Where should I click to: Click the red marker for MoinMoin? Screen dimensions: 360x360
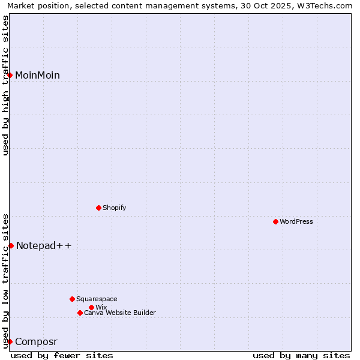tap(10, 75)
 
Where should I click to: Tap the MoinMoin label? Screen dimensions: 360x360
tap(37, 75)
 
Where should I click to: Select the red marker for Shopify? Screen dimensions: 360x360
tap(98, 208)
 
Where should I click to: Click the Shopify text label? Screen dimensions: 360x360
tap(114, 208)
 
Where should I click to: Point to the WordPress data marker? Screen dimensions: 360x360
tap(275, 221)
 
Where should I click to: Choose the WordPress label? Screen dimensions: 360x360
tap(296, 221)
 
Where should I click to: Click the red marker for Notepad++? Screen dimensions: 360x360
tap(11, 245)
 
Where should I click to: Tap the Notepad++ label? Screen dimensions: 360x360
tap(44, 245)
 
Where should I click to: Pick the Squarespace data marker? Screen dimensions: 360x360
tap(72, 299)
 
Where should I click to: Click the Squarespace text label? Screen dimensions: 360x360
tap(97, 299)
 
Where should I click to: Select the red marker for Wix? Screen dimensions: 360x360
tap(91, 307)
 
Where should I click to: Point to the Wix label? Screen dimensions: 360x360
tap(101, 307)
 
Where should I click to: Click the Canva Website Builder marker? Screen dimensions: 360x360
tap(80, 313)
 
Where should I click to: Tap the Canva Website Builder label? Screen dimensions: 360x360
tap(119, 313)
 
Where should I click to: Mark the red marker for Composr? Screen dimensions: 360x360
tap(10, 341)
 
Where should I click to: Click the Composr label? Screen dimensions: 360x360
tap(36, 342)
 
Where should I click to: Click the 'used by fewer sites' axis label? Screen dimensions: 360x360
tap(62, 355)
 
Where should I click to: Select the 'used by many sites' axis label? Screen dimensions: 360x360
tap(301, 355)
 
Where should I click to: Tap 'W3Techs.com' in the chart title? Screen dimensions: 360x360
tap(326, 6)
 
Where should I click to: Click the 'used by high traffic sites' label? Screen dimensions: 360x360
tap(6, 85)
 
